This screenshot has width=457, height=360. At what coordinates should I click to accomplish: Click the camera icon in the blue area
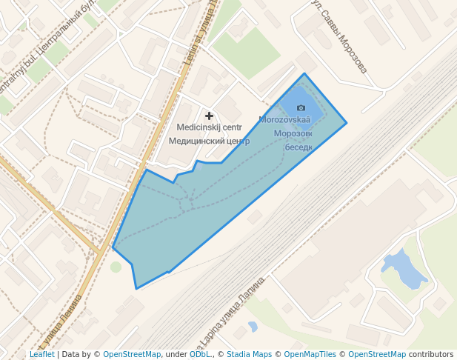pos(301,108)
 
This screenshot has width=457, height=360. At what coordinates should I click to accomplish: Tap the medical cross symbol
pos(210,116)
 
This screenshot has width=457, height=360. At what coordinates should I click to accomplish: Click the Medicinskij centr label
pos(209,127)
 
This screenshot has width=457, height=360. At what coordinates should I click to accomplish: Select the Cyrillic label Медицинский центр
pos(209,140)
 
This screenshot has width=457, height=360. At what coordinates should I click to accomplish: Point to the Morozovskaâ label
pos(284,119)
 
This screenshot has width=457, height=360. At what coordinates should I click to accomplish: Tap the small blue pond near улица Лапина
pos(253,326)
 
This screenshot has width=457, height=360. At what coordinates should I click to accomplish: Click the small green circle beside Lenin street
pos(116,267)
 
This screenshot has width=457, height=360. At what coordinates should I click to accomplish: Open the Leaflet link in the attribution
pos(42,355)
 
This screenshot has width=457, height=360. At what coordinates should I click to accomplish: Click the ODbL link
pos(199,355)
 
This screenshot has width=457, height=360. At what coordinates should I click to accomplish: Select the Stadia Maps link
pos(249,355)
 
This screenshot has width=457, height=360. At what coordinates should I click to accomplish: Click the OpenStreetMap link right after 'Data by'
pos(132,355)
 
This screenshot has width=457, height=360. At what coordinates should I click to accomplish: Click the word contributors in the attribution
pos(430,355)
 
